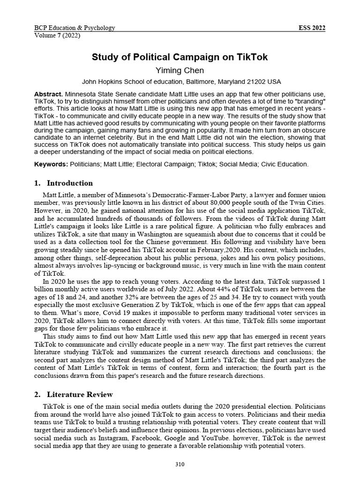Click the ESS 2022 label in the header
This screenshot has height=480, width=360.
[x=312, y=28]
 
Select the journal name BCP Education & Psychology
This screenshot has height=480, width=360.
[x=75, y=28]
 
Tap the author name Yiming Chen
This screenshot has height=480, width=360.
[x=180, y=70]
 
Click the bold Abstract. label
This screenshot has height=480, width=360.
[x=49, y=94]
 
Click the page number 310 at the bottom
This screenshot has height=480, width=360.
[x=180, y=465]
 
